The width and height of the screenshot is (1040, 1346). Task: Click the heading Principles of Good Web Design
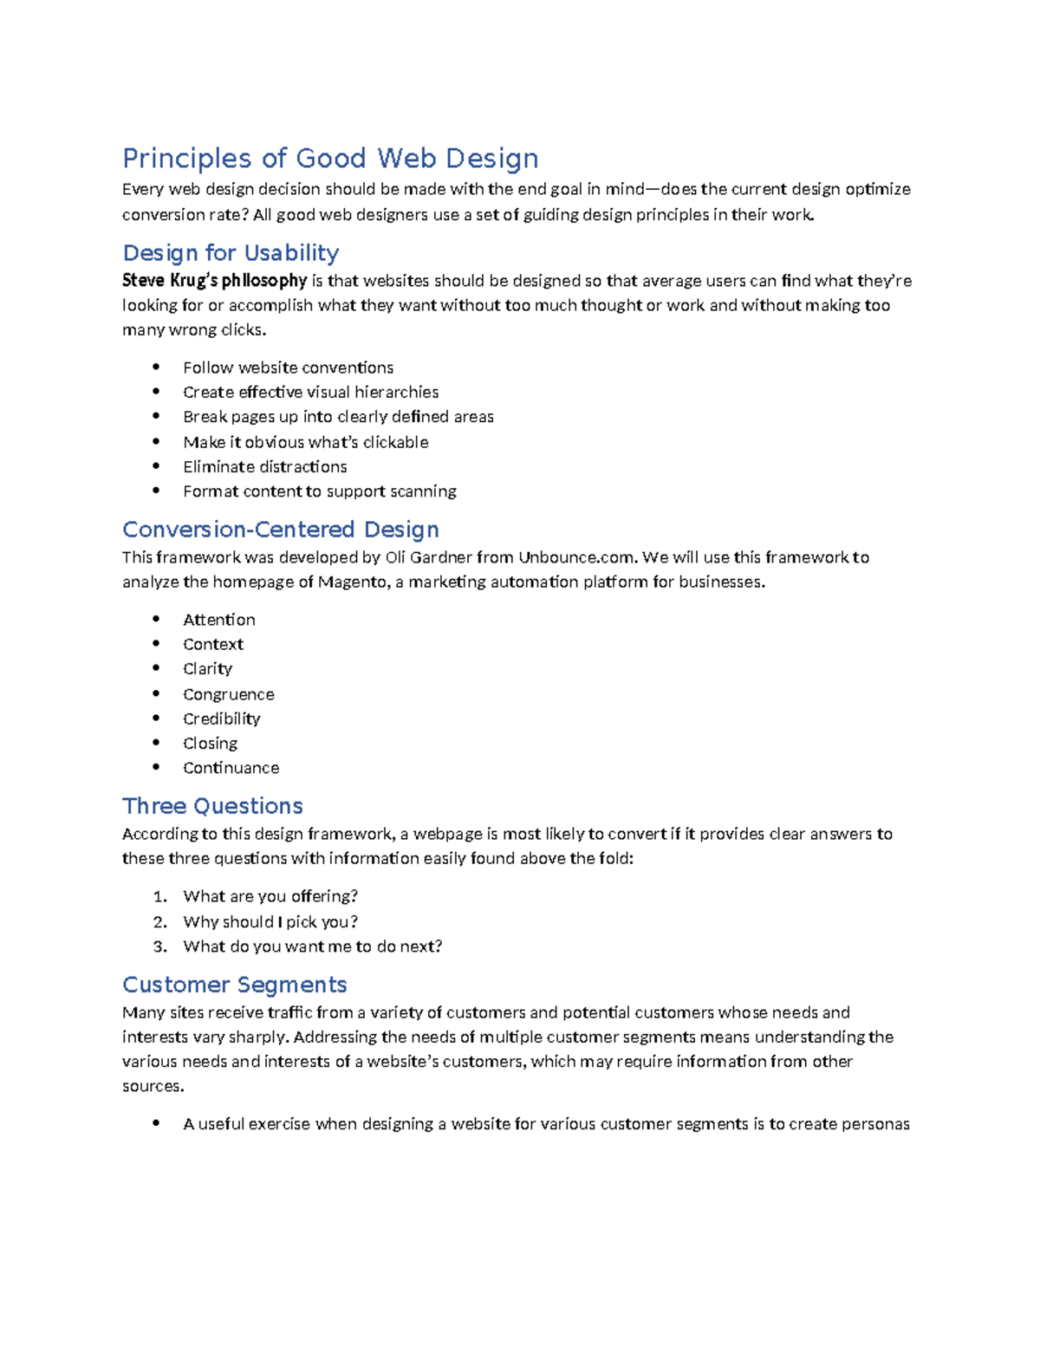click(x=330, y=159)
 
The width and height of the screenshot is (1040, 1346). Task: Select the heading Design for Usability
click(x=231, y=253)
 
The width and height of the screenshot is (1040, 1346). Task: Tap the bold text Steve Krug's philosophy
click(x=214, y=281)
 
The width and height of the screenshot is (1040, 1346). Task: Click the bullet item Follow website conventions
click(x=288, y=367)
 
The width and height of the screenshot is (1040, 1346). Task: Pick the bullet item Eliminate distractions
click(x=264, y=466)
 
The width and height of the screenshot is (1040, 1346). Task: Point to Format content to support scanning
click(x=319, y=491)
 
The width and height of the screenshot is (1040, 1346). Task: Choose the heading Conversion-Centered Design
click(x=280, y=530)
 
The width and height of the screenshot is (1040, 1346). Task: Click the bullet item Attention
click(x=218, y=620)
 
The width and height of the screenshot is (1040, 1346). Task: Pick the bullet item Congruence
click(x=228, y=694)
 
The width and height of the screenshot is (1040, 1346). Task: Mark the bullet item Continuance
click(x=231, y=768)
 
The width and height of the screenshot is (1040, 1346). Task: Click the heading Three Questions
click(x=212, y=806)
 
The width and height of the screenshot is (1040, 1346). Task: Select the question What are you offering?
click(x=270, y=896)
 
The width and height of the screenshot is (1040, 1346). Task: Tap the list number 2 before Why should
click(x=159, y=921)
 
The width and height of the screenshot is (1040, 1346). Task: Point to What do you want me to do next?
click(x=312, y=946)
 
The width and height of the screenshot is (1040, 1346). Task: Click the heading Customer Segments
click(x=234, y=985)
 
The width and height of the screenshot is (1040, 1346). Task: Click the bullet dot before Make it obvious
click(x=156, y=441)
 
